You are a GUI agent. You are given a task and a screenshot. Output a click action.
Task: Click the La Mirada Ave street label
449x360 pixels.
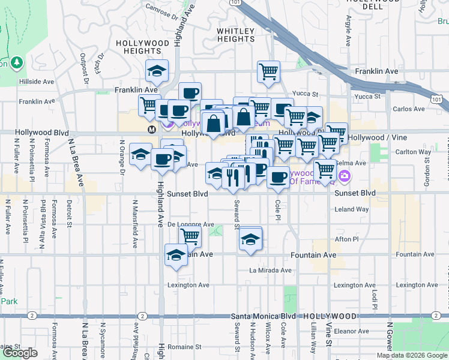click(271, 271)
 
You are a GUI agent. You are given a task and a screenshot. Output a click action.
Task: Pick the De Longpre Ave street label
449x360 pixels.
click(191, 224)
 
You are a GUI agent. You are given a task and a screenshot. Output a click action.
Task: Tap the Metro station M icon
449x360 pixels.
click(152, 129)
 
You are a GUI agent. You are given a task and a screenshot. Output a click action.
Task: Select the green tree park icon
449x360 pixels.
click(16, 62)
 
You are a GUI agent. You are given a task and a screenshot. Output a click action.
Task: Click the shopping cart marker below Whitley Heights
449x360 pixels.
click(268, 71)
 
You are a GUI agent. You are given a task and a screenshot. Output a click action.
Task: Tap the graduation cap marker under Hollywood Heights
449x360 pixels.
click(157, 70)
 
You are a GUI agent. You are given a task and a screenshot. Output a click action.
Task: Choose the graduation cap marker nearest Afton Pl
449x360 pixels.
click(250, 239)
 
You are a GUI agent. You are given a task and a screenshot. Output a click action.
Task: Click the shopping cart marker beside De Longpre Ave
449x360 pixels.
click(190, 236)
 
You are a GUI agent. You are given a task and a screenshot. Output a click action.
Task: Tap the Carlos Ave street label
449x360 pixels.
click(410, 109)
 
